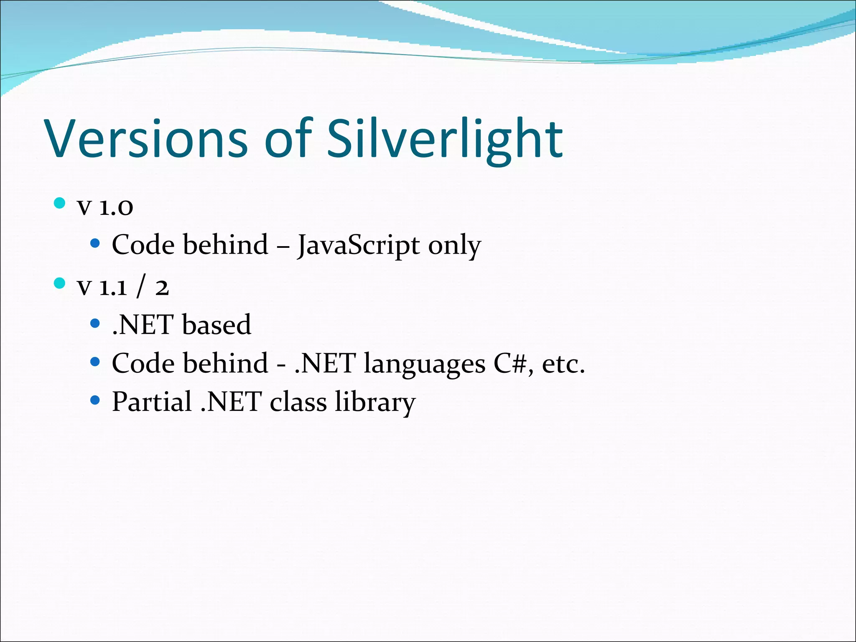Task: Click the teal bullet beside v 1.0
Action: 60,203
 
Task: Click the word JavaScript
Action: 358,245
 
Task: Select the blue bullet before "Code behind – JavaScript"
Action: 95,243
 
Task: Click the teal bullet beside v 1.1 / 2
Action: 60,283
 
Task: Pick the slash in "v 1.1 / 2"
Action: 141,286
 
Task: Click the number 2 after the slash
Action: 162,288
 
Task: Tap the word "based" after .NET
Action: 217,324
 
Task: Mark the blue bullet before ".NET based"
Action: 95,323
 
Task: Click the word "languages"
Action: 424,364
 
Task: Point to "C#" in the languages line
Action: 510,363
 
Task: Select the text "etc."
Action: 563,364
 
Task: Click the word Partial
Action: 152,401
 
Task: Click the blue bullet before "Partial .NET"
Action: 95,400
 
